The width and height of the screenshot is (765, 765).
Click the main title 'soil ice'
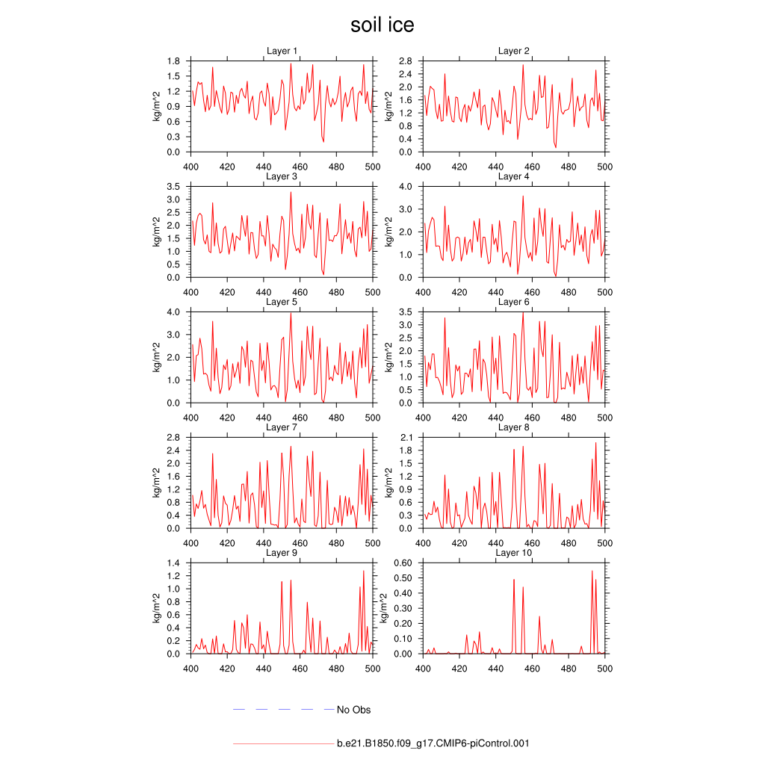382,25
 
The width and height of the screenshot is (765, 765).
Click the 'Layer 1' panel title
282,51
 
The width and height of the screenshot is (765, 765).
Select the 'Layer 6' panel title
514,302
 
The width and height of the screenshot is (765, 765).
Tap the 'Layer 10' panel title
514,553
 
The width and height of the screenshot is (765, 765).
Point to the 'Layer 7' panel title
282,427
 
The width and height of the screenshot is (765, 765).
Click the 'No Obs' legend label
353,710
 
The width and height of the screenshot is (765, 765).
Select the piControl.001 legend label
433,744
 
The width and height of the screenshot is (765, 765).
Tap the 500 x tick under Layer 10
604,669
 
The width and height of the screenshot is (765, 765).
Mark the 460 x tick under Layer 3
300,292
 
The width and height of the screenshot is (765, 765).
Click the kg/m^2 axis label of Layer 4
388,231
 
